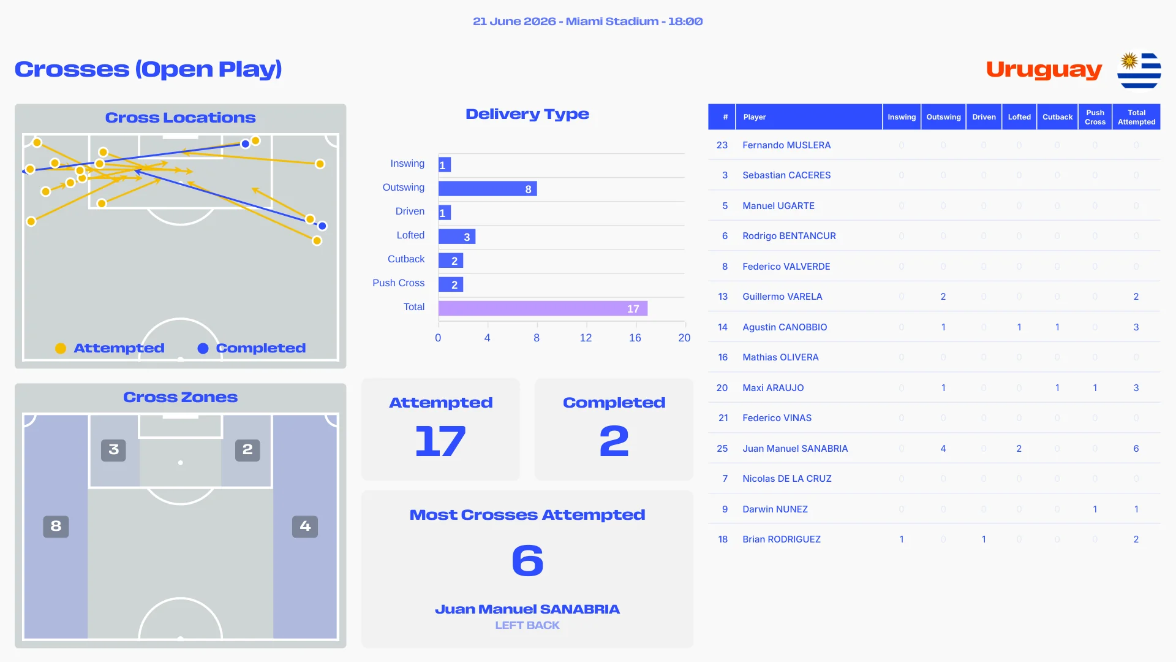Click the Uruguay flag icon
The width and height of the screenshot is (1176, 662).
1139,70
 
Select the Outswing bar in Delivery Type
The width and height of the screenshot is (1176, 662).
488,189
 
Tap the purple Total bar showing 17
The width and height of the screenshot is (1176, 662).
543,308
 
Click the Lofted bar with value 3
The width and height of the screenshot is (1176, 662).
457,237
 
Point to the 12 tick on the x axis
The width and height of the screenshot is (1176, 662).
586,338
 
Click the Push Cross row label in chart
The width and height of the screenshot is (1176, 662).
398,283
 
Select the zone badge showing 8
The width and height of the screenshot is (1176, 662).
56,526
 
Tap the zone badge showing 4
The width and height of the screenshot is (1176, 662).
305,526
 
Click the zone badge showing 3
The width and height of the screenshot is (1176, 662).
113,450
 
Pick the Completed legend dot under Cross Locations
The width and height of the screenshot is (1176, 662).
203,349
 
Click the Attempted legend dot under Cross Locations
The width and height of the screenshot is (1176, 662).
61,349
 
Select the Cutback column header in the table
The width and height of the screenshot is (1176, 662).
1057,117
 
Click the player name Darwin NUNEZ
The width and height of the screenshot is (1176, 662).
775,509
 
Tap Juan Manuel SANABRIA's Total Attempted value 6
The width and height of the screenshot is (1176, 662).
1136,449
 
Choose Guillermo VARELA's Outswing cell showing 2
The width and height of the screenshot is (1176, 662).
943,297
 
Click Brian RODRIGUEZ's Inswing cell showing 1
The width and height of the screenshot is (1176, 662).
902,539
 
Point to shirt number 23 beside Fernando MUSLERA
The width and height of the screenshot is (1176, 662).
722,145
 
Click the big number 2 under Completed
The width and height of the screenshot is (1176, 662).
614,441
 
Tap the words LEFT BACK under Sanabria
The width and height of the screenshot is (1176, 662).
527,625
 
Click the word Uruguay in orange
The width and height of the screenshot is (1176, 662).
1044,70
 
